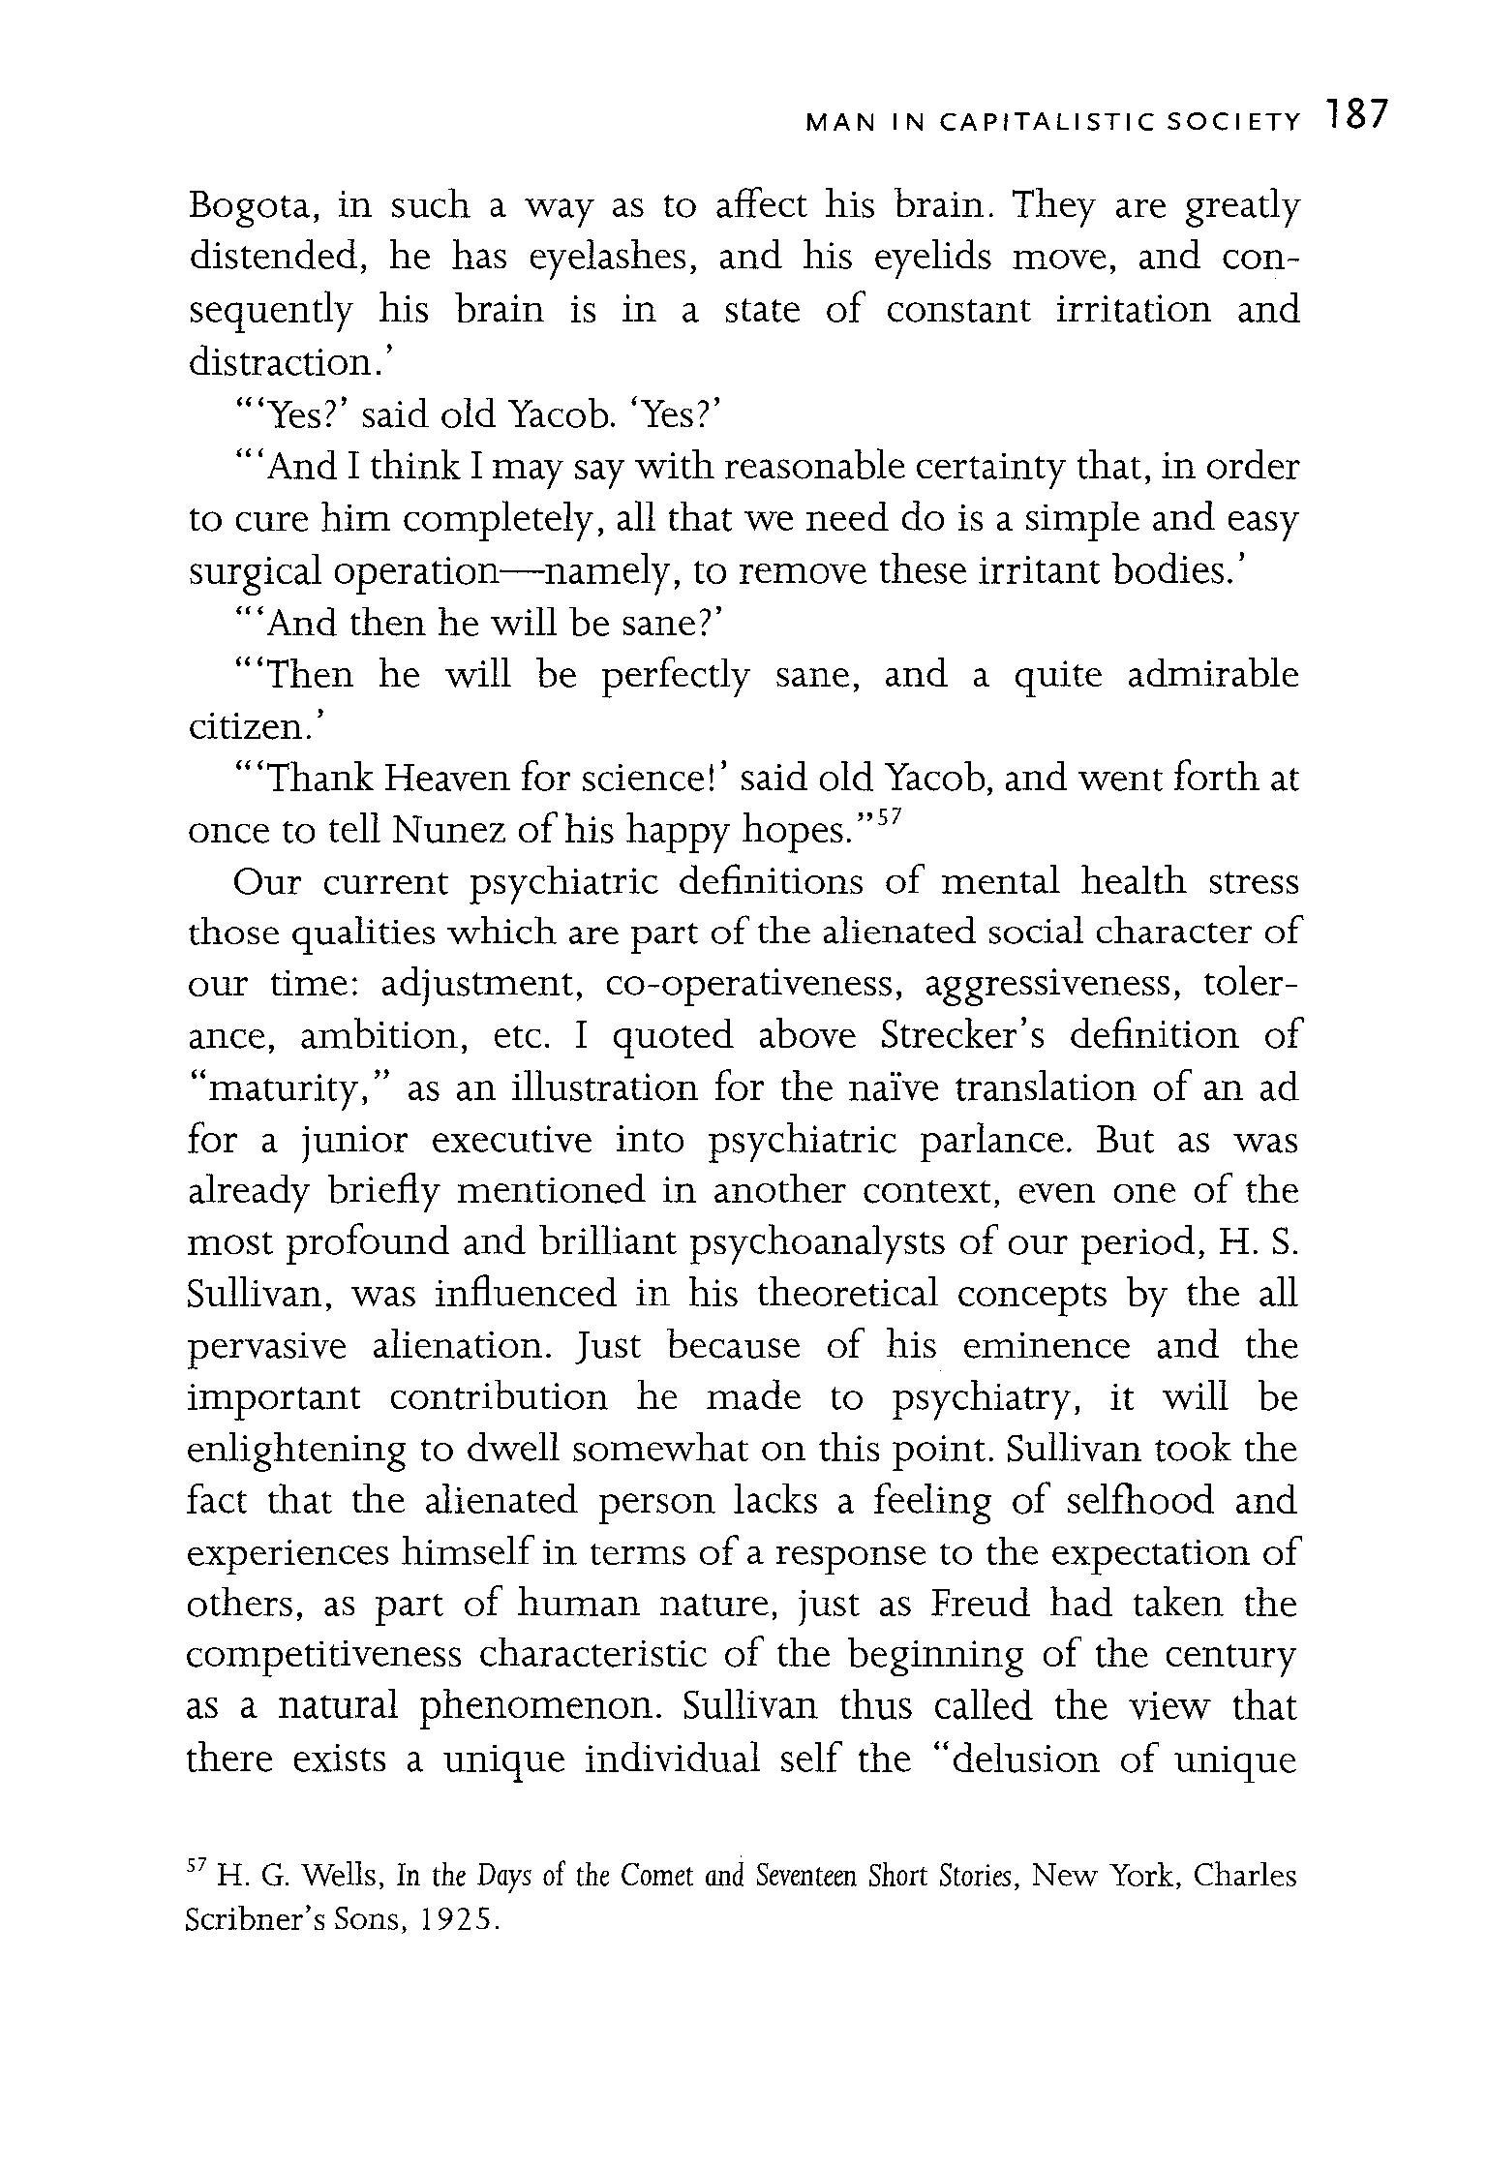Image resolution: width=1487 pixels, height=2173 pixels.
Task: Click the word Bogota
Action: tap(249, 208)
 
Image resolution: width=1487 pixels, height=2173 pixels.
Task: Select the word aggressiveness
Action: tap(1053, 984)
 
